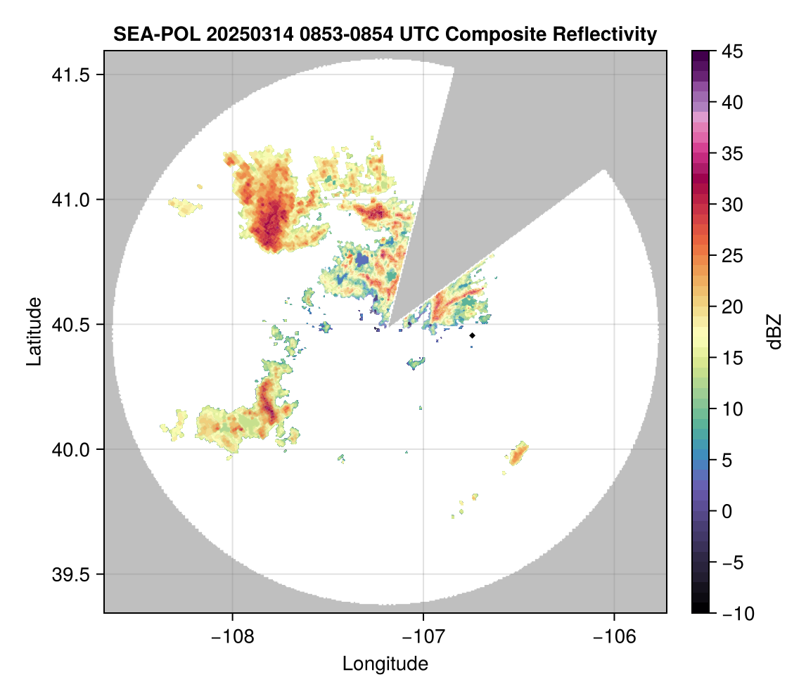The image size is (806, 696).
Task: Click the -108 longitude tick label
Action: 231,637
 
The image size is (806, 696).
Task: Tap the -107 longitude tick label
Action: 423,637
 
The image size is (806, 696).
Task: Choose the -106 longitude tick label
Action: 615,637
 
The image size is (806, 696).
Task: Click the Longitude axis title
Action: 385,664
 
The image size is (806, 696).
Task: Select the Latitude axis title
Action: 33,331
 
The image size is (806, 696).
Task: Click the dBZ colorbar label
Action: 774,332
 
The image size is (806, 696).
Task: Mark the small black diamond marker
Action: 473,335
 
